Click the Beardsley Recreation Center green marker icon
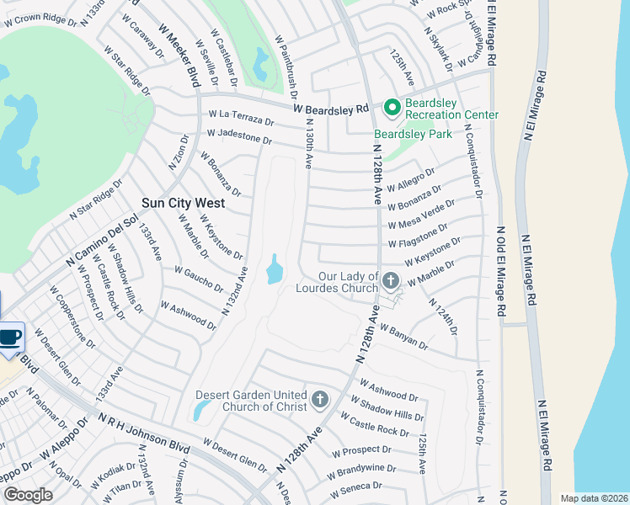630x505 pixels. (391, 107)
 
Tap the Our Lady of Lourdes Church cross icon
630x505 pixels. (390, 280)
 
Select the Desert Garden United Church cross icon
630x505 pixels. (319, 398)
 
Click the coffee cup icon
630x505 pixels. (10, 338)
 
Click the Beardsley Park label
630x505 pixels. (413, 134)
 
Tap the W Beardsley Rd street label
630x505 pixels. (331, 109)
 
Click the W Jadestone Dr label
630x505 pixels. (239, 138)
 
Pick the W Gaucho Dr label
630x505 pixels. (199, 278)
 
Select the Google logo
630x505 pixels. (28, 494)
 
